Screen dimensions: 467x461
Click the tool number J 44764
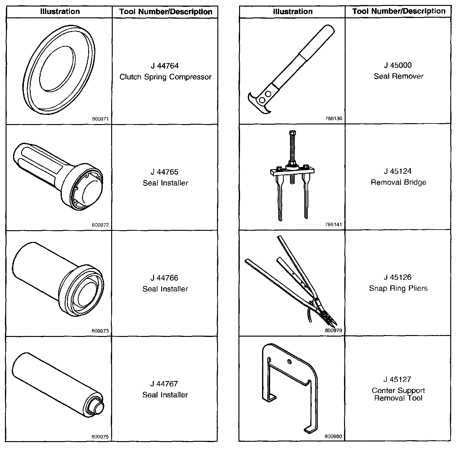tap(165, 66)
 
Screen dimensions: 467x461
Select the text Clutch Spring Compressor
tap(165, 77)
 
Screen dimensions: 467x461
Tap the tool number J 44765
tap(165, 172)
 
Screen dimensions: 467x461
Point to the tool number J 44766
tap(165, 278)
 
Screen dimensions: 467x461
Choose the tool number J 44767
tap(165, 384)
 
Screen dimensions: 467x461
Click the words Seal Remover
tap(399, 76)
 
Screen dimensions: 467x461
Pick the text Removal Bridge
tap(399, 182)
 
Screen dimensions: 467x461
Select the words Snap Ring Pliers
tap(398, 289)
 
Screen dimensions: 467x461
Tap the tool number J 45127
tap(398, 379)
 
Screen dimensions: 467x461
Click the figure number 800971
tap(100, 119)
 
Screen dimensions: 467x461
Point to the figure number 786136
tap(333, 119)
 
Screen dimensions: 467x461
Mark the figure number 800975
tap(100, 437)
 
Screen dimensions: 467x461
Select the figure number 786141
tap(333, 225)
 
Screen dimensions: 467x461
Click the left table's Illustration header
tap(60, 12)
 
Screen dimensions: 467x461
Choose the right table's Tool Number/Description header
tap(399, 11)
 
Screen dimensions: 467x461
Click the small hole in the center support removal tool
tap(289, 361)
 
